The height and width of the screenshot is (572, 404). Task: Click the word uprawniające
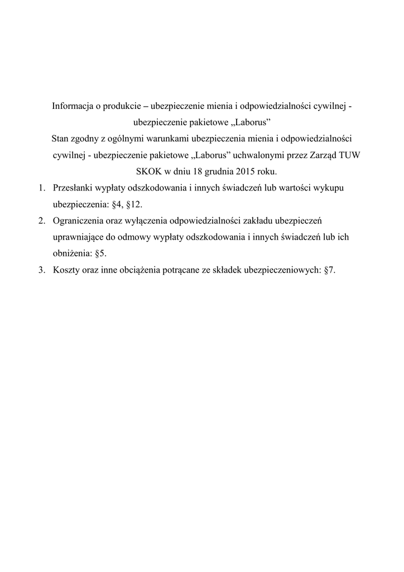tap(78, 237)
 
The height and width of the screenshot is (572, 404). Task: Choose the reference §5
tap(100, 253)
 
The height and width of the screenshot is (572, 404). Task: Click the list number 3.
tap(41, 269)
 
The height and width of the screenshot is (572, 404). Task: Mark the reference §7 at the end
tap(329, 269)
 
